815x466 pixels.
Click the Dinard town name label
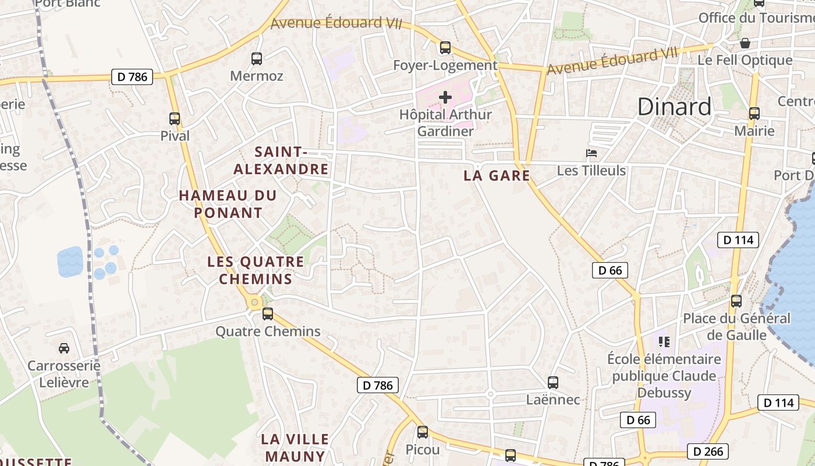[674, 107]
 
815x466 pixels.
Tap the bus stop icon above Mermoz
[257, 58]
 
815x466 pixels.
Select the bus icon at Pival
[175, 119]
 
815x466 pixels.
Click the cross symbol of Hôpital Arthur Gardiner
[445, 97]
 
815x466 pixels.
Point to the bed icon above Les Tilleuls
[591, 153]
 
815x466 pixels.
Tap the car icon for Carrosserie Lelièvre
[64, 348]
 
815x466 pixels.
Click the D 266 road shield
[708, 451]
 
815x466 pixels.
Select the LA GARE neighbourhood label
[497, 175]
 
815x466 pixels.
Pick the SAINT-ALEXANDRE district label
[281, 161]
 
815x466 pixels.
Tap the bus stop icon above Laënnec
[553, 383]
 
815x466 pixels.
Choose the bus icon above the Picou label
[423, 432]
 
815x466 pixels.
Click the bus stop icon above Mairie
[754, 114]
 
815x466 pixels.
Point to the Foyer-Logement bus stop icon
[445, 48]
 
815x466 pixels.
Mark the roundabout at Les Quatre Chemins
[254, 302]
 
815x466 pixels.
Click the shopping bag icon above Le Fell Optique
[745, 43]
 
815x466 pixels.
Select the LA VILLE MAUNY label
[295, 447]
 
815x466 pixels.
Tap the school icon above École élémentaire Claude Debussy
[664, 341]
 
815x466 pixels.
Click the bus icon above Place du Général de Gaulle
[736, 301]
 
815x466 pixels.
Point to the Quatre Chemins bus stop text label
[268, 331]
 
